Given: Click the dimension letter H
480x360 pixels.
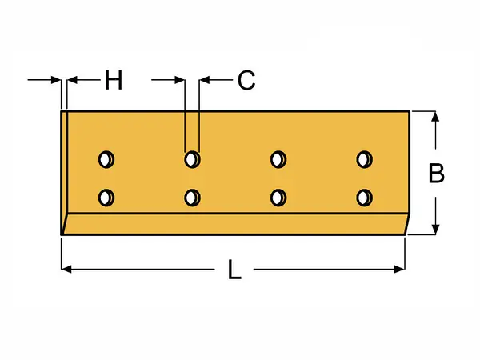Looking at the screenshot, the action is point(114,80).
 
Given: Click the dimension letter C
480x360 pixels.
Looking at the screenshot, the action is point(246,80).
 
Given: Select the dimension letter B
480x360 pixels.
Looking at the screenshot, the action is point(436,174).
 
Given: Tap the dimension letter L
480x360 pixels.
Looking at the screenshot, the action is point(234,270).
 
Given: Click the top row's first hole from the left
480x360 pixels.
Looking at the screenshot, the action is point(106,159).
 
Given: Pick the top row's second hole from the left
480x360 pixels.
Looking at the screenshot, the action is point(192,159).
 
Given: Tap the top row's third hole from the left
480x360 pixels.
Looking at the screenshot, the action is point(278,159).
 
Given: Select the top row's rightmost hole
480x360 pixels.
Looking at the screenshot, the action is point(364,159).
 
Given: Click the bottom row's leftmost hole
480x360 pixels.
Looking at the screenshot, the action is point(106,198).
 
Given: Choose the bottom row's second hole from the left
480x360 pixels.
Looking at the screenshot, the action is point(192,198).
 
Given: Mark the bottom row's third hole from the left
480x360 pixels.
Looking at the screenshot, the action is point(278,198).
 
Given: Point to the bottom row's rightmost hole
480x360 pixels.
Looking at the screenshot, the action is point(364,198).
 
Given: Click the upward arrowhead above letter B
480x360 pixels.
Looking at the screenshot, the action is point(435,117).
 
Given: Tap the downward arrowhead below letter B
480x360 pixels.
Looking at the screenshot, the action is point(435,230).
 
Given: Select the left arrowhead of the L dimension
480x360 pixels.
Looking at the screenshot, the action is point(66,269).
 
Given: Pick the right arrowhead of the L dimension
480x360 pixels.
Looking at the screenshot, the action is point(399,269).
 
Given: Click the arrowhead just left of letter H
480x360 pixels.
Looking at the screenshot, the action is point(72,80).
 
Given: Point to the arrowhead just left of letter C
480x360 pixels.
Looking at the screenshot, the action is point(204,80).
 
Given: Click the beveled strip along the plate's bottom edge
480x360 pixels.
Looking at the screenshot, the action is point(235,224).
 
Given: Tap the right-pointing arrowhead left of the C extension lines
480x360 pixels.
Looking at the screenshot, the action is point(180,80).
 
